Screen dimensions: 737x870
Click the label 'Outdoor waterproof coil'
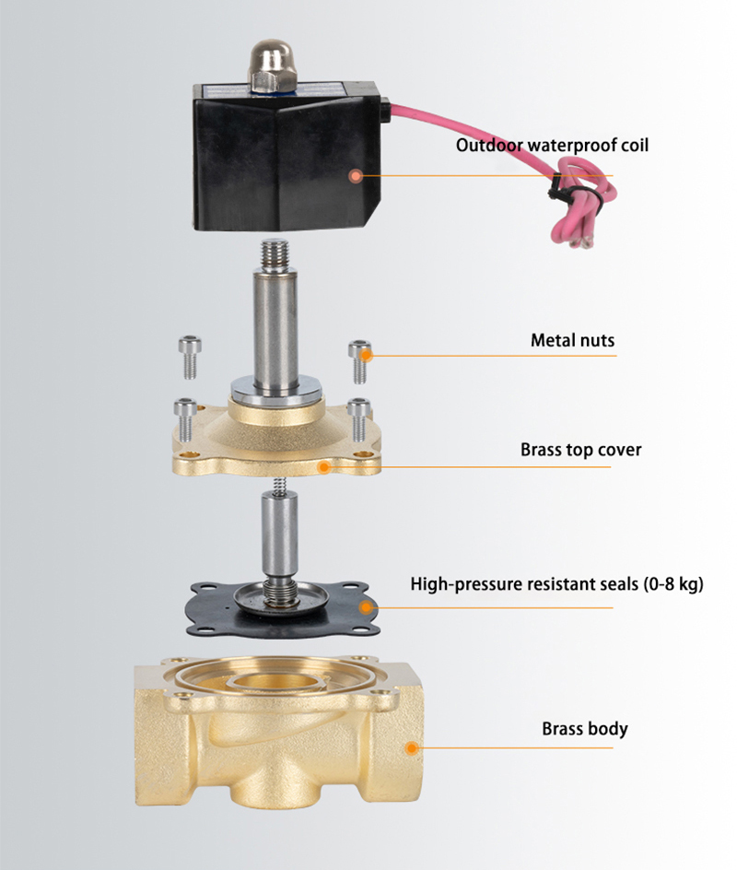(x=552, y=146)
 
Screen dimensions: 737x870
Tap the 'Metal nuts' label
(x=572, y=339)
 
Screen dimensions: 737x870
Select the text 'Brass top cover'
(x=580, y=450)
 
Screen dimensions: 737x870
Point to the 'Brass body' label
(x=584, y=728)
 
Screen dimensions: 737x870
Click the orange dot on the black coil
(x=356, y=176)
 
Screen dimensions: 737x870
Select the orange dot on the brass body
(x=412, y=748)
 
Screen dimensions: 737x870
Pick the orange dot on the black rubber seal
(x=365, y=607)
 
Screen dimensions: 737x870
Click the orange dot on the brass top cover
(x=324, y=468)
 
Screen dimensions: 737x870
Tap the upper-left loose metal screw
(x=190, y=358)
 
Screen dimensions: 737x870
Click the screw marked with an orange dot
(x=359, y=360)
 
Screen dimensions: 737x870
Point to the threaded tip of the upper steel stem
(x=275, y=254)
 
